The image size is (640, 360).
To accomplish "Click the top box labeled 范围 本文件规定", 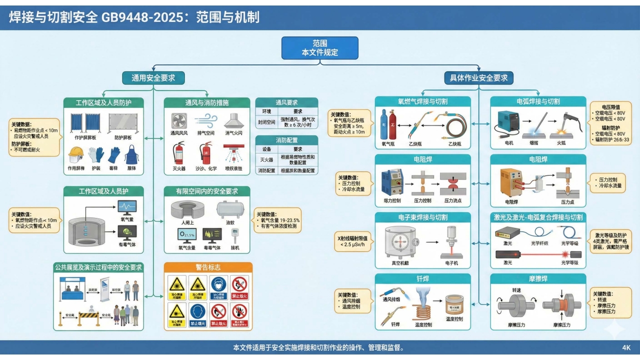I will (320, 48).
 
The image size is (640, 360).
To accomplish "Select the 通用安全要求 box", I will (154, 77).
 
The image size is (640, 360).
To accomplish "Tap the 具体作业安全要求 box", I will (479, 77).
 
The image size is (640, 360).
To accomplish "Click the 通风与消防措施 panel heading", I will (207, 102).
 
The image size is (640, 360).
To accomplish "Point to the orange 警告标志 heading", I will (208, 267).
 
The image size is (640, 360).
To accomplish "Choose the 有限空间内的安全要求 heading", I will (207, 191).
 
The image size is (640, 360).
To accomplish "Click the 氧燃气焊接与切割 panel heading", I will (422, 101).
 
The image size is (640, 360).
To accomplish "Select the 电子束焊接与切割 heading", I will (422, 217).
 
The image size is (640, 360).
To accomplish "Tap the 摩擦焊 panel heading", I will (537, 278).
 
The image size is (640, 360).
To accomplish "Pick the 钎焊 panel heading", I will (422, 278).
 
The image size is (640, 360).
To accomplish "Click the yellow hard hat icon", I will (75, 154).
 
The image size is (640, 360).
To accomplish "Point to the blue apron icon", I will (131, 154).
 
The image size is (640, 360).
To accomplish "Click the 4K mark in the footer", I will (626, 347).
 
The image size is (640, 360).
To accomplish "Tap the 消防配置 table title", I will (286, 140).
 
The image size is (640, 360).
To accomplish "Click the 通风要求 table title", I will (286, 102).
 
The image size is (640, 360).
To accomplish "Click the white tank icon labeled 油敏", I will (230, 209).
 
